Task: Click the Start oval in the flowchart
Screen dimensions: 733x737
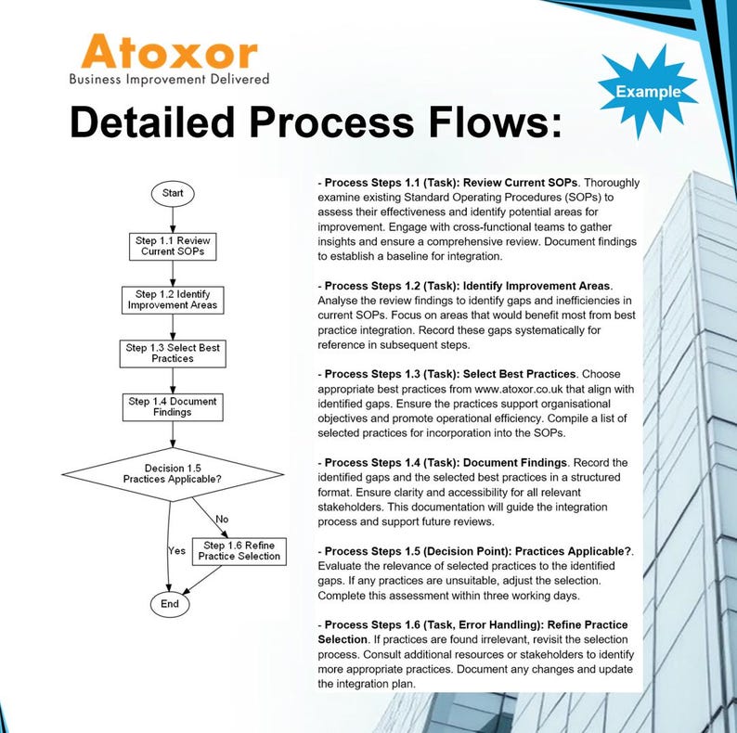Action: pos(172,193)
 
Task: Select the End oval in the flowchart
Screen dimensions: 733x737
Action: pos(169,603)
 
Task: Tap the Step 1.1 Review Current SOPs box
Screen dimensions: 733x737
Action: pos(173,246)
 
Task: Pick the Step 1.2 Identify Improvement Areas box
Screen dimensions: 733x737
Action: pos(173,300)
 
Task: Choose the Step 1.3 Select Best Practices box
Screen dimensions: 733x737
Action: pos(173,354)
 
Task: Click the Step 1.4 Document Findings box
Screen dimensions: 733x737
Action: pos(173,406)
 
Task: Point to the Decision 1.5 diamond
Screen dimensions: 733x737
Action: pos(172,473)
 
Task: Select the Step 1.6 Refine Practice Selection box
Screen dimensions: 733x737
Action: pos(239,550)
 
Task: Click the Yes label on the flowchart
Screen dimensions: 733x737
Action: pos(176,550)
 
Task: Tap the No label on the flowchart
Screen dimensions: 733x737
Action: pos(222,519)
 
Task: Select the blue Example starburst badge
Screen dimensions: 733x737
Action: pos(647,91)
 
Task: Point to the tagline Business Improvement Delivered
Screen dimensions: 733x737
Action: pos(169,79)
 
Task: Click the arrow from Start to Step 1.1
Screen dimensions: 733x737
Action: pos(172,218)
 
